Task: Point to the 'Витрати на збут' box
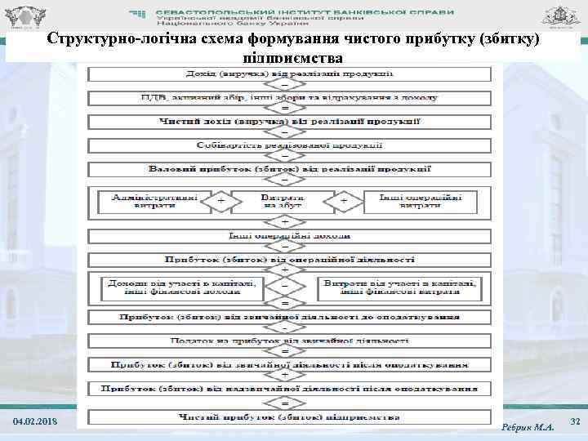coord(283,201)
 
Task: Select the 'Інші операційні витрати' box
coord(420,201)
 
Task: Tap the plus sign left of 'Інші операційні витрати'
coord(344,201)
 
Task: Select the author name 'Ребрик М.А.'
coord(527,425)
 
